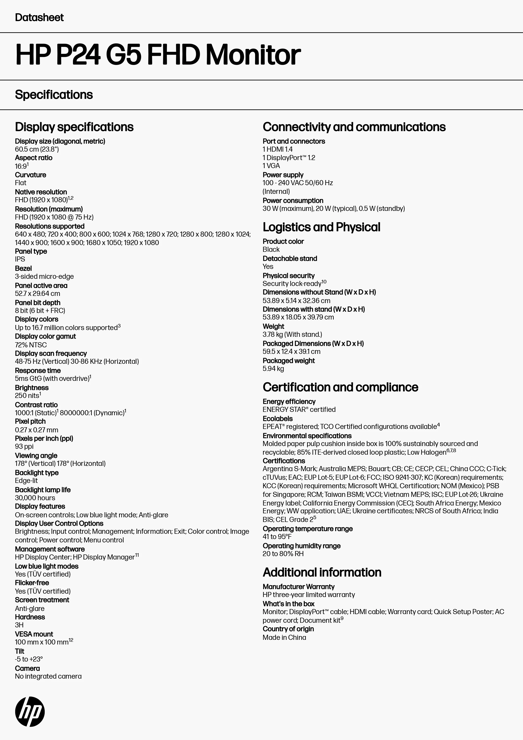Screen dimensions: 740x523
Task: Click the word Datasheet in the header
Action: pyautogui.click(x=39, y=18)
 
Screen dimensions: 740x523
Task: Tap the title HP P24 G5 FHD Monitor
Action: pyautogui.click(x=158, y=55)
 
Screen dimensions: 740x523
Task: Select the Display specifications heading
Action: pyautogui.click(x=74, y=127)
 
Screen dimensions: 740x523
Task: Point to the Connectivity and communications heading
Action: pyautogui.click(x=354, y=127)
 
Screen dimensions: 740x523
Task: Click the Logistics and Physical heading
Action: pyautogui.click(x=321, y=227)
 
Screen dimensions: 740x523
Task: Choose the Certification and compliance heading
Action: pyautogui.click(x=340, y=387)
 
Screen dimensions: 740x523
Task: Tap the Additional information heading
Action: pyautogui.click(x=322, y=572)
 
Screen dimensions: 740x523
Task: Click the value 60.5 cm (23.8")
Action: pyautogui.click(x=37, y=149)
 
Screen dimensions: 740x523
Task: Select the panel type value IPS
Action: pyautogui.click(x=20, y=259)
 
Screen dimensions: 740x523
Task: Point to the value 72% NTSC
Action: pyautogui.click(x=31, y=345)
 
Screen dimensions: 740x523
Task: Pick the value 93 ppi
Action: pyautogui.click(x=24, y=446)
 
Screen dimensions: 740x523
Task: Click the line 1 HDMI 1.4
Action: pyautogui.click(x=277, y=149)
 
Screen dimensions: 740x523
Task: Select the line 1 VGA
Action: pyautogui.click(x=271, y=166)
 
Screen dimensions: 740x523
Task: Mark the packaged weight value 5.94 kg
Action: pyautogui.click(x=273, y=368)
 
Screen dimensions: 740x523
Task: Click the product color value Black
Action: pyautogui.click(x=271, y=249)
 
